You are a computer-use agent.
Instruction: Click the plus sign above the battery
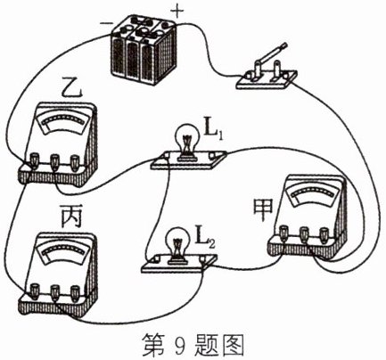pyautogui.click(x=177, y=12)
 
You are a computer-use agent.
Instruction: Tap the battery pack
pyautogui.click(x=143, y=51)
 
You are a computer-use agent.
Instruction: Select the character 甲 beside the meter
pyautogui.click(x=263, y=210)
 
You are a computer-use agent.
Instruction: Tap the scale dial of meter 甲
pyautogui.click(x=314, y=194)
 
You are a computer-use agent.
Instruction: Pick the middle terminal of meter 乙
pyautogui.click(x=54, y=162)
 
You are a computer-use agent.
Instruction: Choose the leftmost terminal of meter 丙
pyautogui.click(x=35, y=291)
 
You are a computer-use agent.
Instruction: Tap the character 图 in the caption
pyautogui.click(x=233, y=345)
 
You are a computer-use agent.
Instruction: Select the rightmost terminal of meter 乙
pyautogui.click(x=74, y=162)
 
